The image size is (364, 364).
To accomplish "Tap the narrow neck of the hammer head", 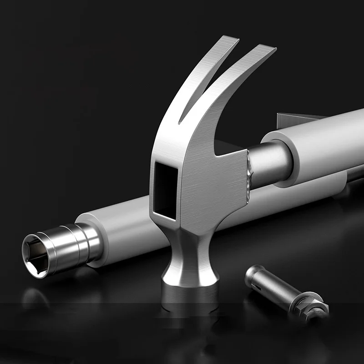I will [188, 255].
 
